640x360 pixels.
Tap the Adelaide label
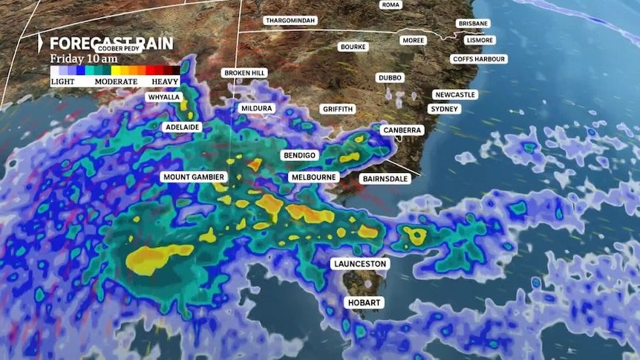tap(183, 127)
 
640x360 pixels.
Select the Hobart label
tap(365, 302)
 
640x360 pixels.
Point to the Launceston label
tap(362, 264)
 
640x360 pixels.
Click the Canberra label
tap(402, 130)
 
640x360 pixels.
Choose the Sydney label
tap(445, 109)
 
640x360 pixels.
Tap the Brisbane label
tap(473, 24)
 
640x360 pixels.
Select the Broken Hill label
tap(244, 73)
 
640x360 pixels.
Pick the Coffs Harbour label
tap(479, 59)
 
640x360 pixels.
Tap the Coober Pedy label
tap(117, 48)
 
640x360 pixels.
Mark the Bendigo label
tap(300, 155)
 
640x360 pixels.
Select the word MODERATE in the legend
tap(116, 81)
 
